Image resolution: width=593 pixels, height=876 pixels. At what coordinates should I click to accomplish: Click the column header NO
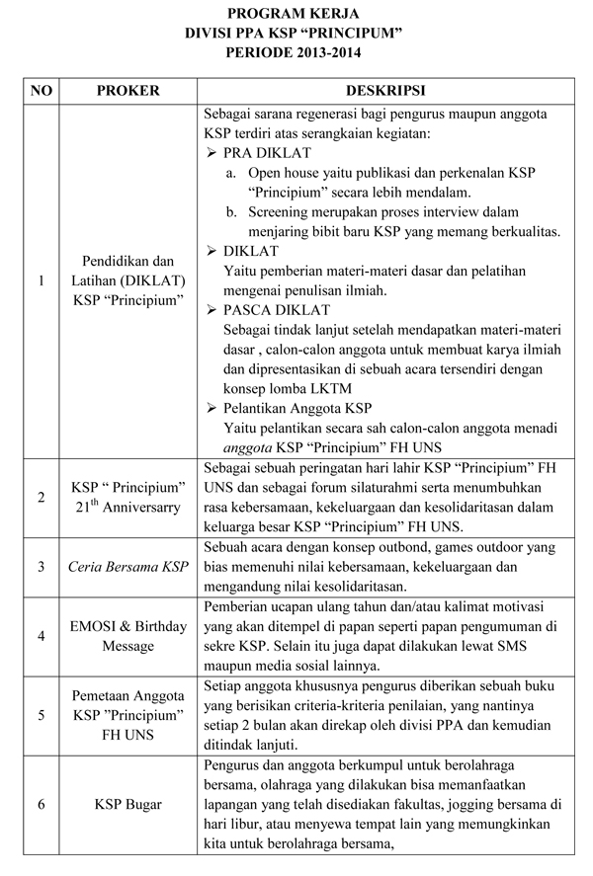coord(42,91)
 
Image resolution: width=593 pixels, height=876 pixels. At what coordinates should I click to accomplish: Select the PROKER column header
coord(127,91)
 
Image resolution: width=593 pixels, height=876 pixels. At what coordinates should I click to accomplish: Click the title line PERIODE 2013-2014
coord(296,50)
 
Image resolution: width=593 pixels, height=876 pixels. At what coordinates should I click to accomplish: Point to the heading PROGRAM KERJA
coord(296,14)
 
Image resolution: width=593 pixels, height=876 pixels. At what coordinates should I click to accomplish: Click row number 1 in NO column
coord(42,280)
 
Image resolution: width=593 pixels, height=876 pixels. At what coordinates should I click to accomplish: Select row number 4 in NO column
coord(42,636)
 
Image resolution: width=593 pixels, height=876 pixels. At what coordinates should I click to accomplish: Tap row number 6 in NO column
coord(42,805)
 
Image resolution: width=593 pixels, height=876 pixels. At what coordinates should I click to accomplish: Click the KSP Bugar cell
coord(127,805)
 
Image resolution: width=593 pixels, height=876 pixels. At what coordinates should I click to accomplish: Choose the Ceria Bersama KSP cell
coord(127,567)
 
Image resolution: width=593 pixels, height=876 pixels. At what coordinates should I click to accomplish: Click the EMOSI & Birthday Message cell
coord(127,636)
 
